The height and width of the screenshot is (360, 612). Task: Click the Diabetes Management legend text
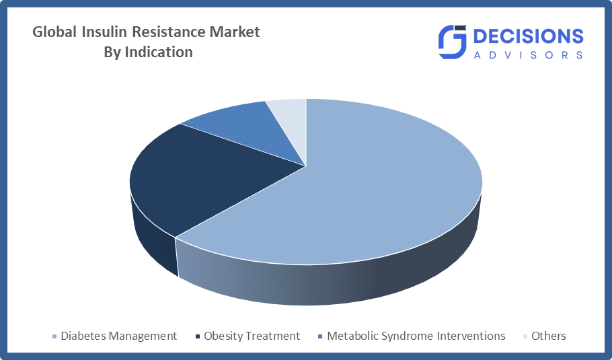coord(118,336)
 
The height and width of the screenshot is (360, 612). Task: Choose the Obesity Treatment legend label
coord(252,336)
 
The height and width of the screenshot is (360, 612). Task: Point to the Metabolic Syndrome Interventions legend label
coord(416,336)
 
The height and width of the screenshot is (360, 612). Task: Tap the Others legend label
coord(548,336)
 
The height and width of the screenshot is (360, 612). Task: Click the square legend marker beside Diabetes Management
coord(54,336)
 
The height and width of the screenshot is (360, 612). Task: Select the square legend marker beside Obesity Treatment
coord(198,336)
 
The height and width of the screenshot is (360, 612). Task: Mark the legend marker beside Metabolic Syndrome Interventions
coord(321,336)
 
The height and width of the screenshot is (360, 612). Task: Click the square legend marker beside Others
coord(525,336)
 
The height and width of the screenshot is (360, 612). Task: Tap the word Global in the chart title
coord(54,32)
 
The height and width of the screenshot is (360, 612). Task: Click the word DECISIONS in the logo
coord(529,36)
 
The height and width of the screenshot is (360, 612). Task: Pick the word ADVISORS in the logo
coord(529,55)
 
